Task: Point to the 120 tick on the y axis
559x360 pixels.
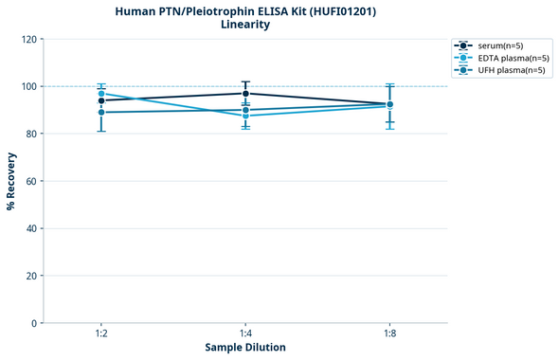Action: (29, 40)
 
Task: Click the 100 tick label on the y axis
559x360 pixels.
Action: (29, 87)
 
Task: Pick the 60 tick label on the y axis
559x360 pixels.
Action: (32, 181)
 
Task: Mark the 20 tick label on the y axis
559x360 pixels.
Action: (32, 276)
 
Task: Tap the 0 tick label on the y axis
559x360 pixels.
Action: (35, 323)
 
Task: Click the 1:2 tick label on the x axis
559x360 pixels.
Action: (101, 334)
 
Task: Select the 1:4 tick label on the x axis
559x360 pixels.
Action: (245, 334)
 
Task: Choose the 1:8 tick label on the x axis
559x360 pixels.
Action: (389, 334)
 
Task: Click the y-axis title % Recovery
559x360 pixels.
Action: (11, 181)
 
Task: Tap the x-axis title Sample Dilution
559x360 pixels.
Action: (245, 348)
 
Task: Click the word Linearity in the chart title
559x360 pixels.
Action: (244, 25)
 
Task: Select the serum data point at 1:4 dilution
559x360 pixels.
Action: (245, 93)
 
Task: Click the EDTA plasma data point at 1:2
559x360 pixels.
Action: (101, 94)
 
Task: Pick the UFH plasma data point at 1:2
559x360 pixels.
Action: (101, 113)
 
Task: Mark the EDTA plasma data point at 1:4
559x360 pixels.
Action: (245, 116)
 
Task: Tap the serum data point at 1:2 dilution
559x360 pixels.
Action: (101, 100)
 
